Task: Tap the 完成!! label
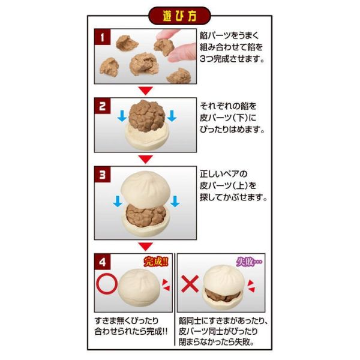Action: pos(157,261)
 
